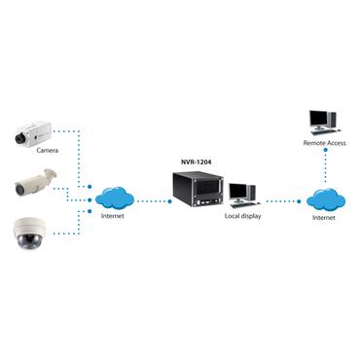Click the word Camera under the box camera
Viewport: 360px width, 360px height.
click(47, 152)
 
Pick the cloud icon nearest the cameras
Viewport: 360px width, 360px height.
click(115, 199)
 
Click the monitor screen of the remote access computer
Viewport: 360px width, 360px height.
click(319, 120)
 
